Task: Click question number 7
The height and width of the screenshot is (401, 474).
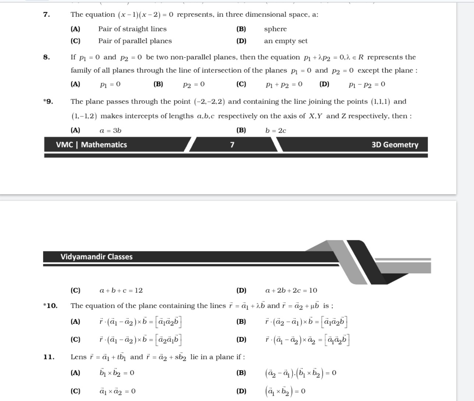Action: [x=46, y=15]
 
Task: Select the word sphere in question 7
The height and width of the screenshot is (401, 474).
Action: [x=275, y=29]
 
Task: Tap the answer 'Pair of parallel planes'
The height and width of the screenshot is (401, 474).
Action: [x=135, y=41]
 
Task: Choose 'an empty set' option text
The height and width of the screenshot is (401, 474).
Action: [x=286, y=41]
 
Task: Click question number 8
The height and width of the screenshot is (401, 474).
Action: [x=46, y=57]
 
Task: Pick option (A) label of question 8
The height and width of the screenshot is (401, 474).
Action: [x=75, y=84]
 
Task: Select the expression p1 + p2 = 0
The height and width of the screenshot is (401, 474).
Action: [x=284, y=84]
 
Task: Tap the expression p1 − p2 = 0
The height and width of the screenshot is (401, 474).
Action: [x=367, y=84]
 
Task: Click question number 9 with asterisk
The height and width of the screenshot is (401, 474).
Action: [x=48, y=102]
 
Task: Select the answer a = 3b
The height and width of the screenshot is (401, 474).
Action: [x=110, y=130]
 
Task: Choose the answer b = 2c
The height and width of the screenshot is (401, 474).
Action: [x=276, y=130]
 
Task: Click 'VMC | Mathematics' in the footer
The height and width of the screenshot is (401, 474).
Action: [x=91, y=144]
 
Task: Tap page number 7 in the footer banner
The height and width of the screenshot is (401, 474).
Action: [x=232, y=145]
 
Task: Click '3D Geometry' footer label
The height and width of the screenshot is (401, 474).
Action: [x=395, y=144]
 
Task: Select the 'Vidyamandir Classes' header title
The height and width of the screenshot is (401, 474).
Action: [x=96, y=257]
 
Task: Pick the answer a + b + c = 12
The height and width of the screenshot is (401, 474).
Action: [x=121, y=290]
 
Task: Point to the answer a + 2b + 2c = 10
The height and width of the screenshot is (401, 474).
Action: [x=291, y=290]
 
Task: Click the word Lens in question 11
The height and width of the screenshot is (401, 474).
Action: [x=78, y=357]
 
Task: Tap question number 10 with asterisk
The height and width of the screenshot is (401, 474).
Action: [x=50, y=306]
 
